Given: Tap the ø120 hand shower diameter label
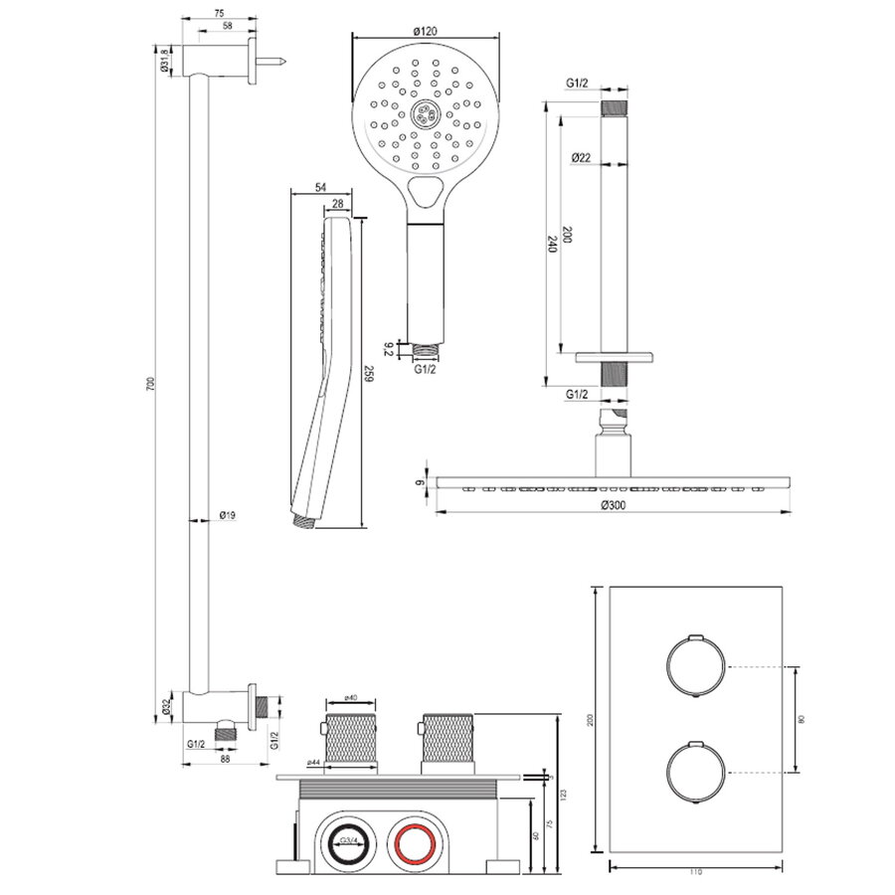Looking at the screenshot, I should coord(425,32).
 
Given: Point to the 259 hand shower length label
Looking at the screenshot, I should coord(368,374).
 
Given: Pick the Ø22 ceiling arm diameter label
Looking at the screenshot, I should coord(584,157).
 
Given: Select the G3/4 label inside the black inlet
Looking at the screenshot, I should coord(348,842).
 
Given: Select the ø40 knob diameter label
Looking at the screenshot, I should coord(351,699).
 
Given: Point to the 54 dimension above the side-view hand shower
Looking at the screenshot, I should coord(320,187).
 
